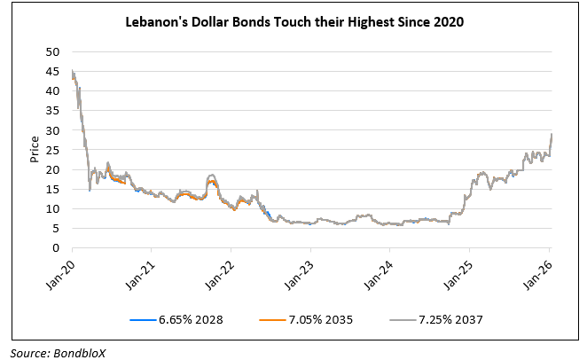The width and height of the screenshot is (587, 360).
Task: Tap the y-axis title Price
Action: [33, 149]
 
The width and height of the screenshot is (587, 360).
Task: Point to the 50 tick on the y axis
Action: [54, 52]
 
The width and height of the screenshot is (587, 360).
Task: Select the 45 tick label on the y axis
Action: [54, 72]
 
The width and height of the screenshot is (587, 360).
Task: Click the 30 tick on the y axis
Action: [54, 130]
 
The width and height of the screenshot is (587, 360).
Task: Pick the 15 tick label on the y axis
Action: [54, 189]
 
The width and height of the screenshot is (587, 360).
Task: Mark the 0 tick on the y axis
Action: [58, 247]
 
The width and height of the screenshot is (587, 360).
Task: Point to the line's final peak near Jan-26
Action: [551, 134]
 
